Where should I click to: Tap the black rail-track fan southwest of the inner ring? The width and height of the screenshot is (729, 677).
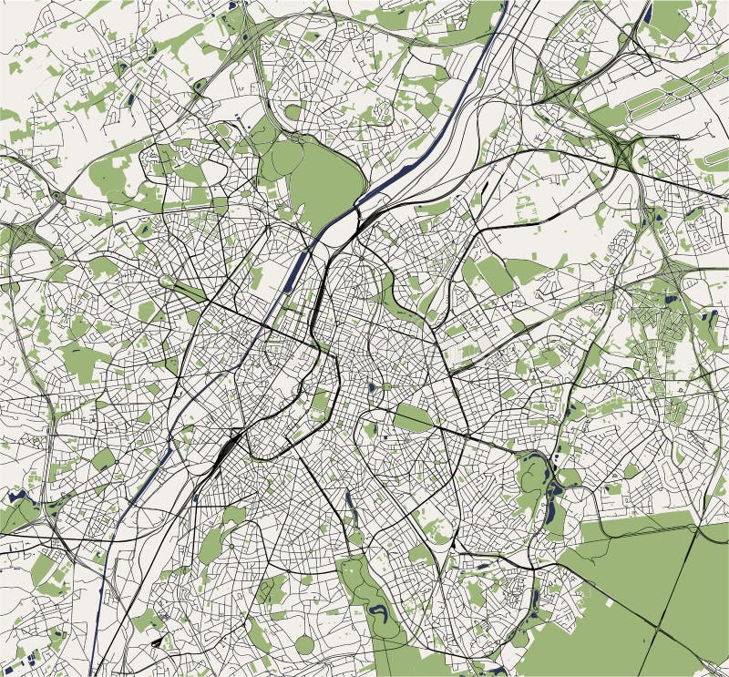228,446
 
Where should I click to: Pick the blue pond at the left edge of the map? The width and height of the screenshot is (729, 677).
16,497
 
